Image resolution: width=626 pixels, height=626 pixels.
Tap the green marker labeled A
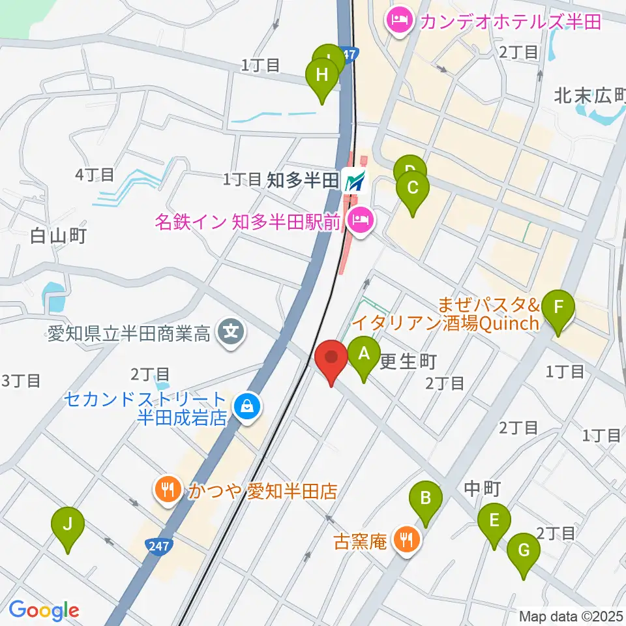[x=365, y=355]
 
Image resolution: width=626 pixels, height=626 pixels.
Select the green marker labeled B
[x=425, y=500]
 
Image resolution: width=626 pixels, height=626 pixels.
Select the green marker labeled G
[x=524, y=552]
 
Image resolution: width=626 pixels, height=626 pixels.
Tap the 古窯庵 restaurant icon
[x=408, y=539]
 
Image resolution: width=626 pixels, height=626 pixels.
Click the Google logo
[x=44, y=610]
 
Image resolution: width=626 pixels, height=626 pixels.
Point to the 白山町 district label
[x=59, y=236]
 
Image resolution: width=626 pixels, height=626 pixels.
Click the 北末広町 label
[x=589, y=96]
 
